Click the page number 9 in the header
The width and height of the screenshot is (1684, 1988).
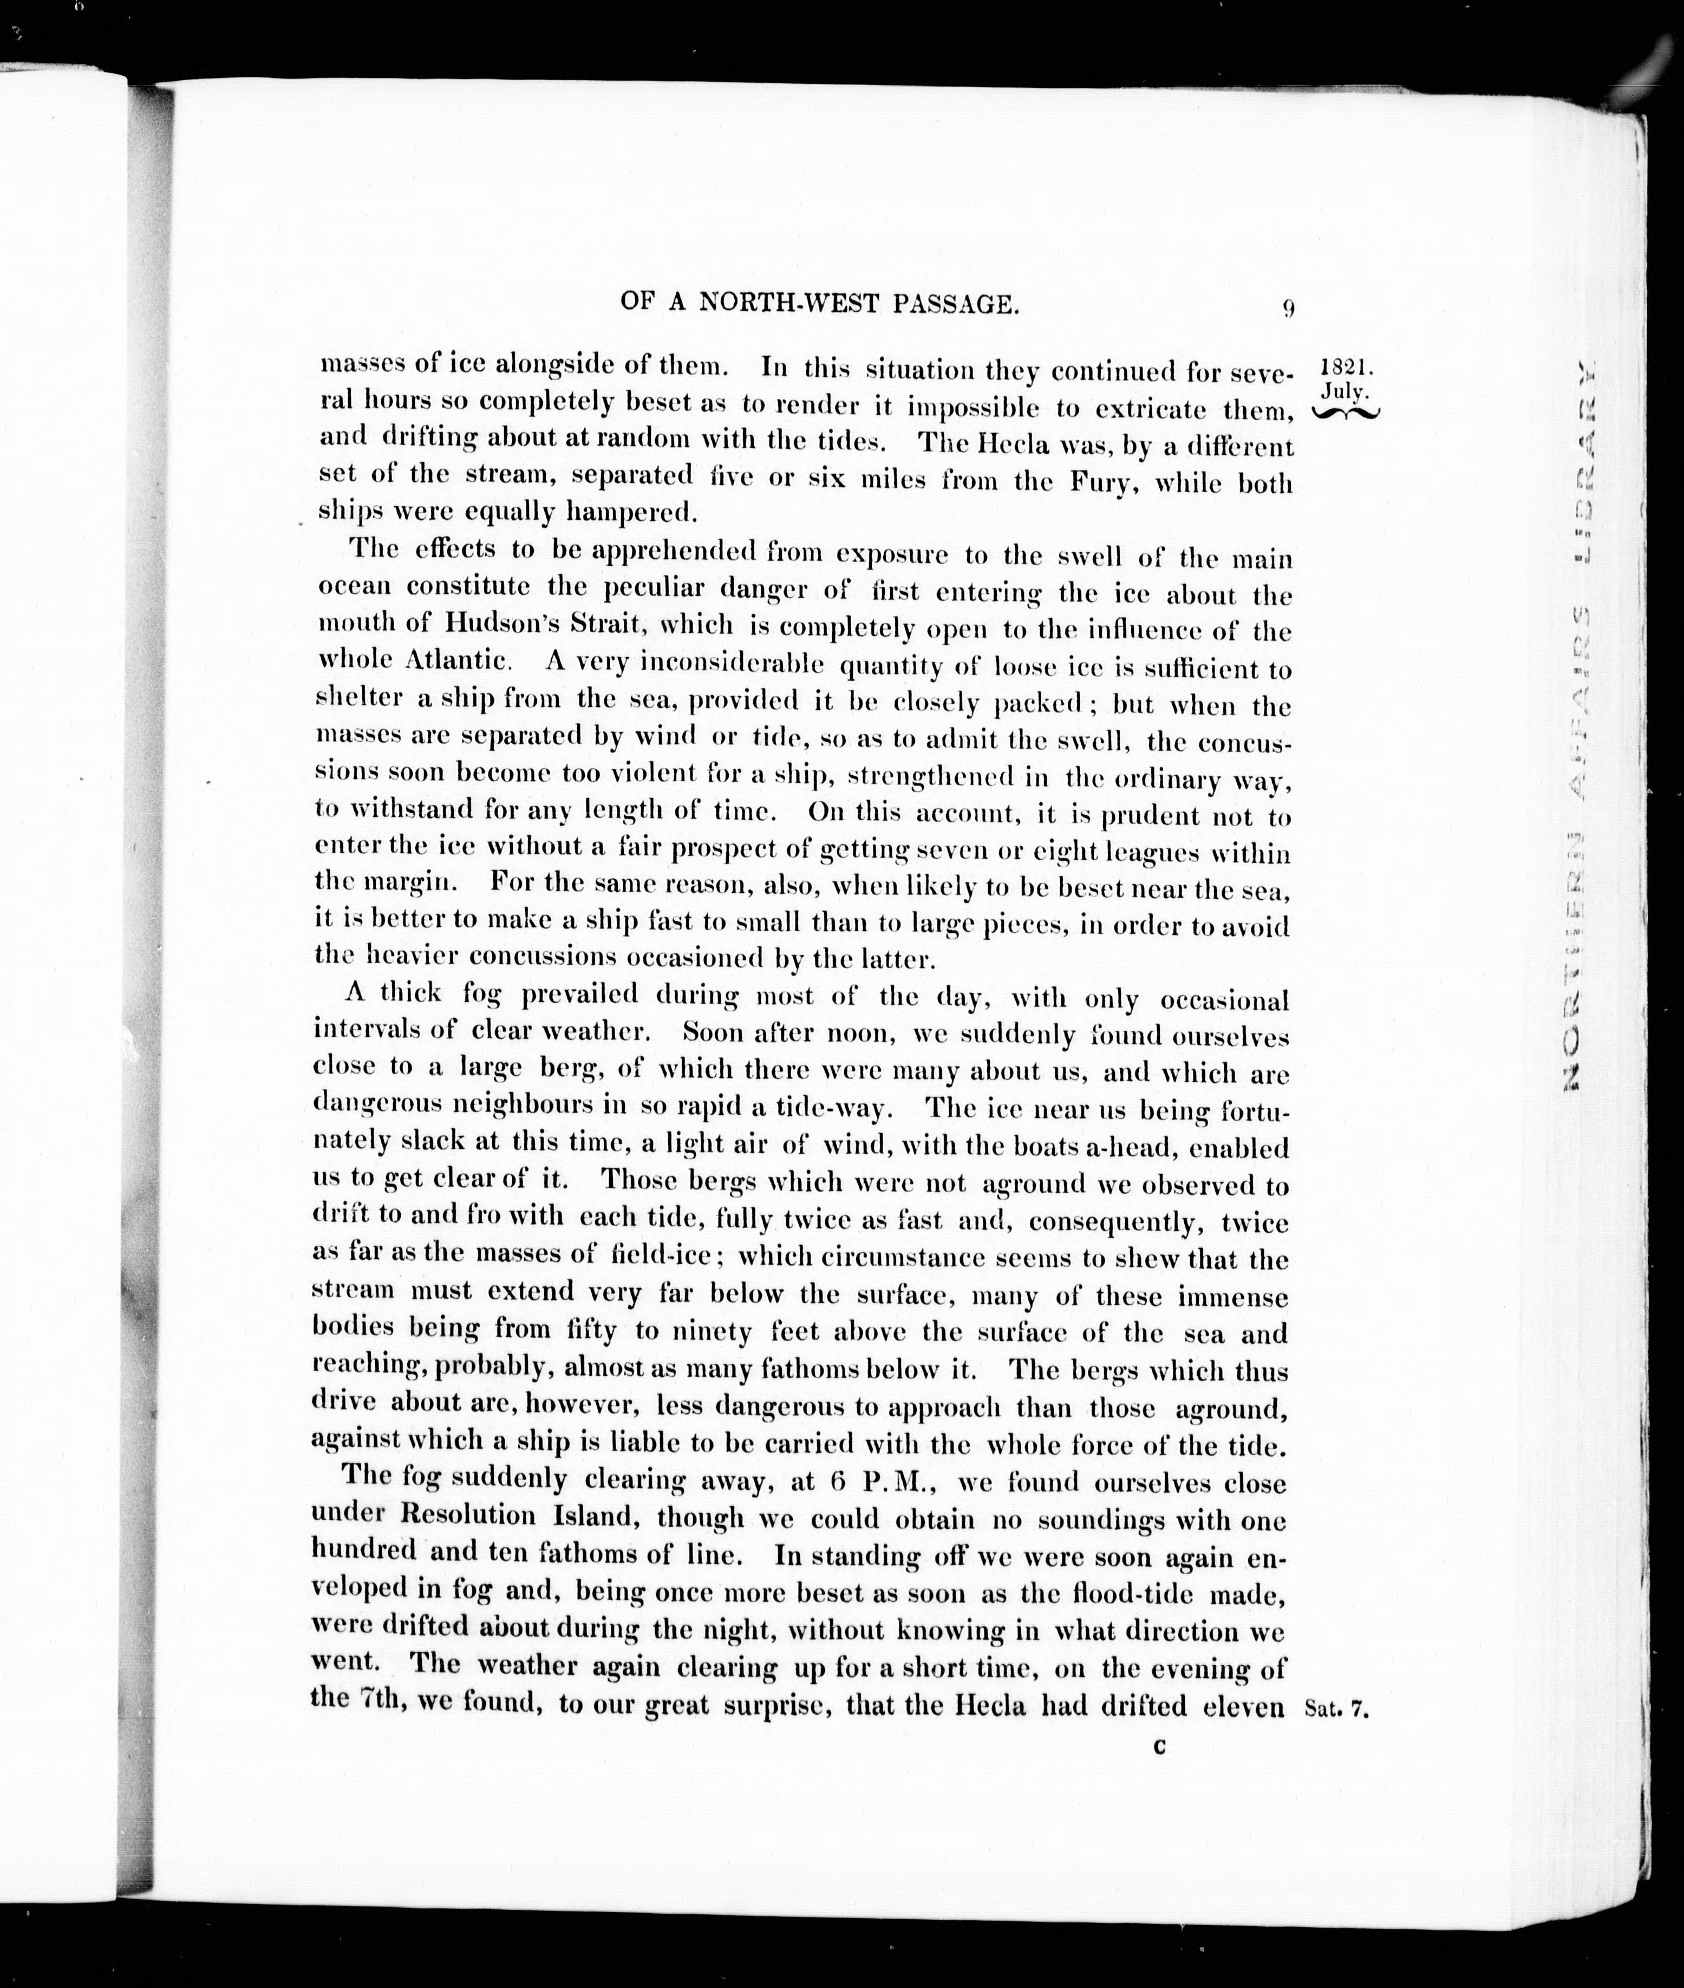(1288, 308)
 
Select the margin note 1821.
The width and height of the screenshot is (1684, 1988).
(1345, 368)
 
